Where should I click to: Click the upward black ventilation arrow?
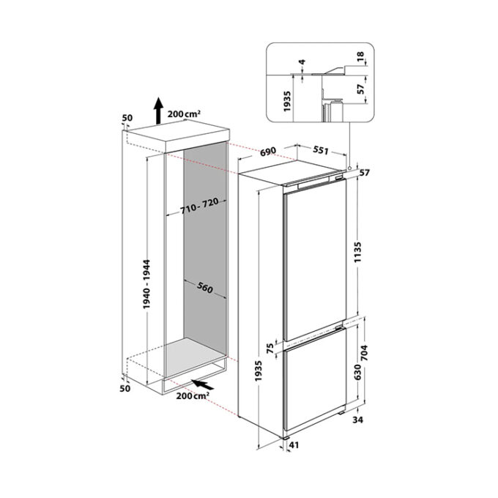point(158,111)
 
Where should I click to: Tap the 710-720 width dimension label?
point(199,206)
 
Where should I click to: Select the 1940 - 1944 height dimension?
point(146,284)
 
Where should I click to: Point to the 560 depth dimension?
point(205,287)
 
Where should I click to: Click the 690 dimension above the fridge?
point(268,152)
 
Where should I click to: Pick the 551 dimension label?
point(321,149)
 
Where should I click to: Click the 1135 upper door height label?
point(358,252)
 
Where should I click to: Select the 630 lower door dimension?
point(357,372)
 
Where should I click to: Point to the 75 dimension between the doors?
point(270,349)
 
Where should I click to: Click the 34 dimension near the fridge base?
point(357,420)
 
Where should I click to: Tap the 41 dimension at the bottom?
point(294,445)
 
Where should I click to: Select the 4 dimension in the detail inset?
point(302,62)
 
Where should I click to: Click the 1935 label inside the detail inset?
point(287,101)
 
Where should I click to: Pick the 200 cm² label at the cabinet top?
point(184,114)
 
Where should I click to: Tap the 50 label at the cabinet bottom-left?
point(125,388)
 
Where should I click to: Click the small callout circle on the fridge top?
point(349,168)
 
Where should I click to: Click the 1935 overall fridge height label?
point(259,371)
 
